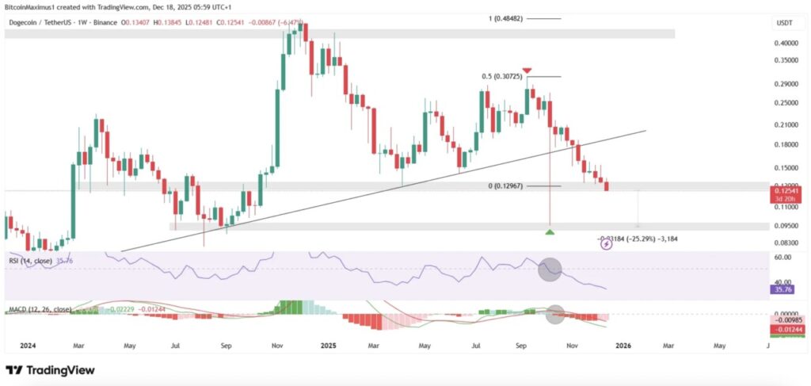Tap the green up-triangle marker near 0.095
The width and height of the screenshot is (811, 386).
[x=550, y=231]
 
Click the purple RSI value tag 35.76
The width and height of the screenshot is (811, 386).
[x=784, y=290]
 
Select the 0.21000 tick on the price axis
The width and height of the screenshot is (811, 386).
[x=786, y=124]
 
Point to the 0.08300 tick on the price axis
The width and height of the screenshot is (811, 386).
[x=786, y=243]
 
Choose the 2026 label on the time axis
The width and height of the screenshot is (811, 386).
[x=623, y=346]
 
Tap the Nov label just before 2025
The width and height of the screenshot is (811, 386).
[x=277, y=346]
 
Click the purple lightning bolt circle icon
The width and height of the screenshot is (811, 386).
[x=607, y=245]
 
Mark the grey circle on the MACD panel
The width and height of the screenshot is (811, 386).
[x=556, y=314]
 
